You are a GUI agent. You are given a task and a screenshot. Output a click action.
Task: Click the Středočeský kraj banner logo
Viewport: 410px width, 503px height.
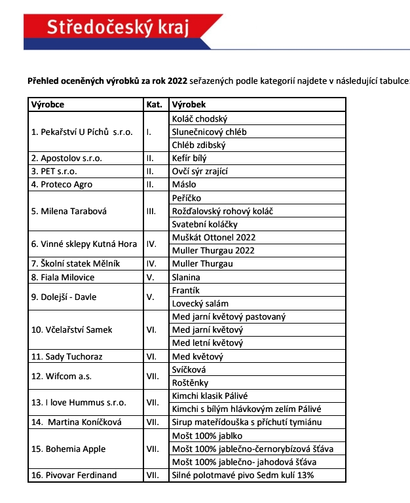click(118, 27)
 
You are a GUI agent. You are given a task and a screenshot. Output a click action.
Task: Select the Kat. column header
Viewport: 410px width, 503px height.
click(153, 105)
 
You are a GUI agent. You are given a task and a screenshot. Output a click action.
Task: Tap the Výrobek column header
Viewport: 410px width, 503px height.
click(189, 105)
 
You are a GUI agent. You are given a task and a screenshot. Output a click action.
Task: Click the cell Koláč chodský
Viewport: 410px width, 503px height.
click(199, 119)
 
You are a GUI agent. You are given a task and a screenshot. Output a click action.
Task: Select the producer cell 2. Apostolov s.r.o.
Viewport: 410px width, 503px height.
click(67, 158)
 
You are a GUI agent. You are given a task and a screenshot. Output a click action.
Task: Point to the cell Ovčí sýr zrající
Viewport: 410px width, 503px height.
click(199, 171)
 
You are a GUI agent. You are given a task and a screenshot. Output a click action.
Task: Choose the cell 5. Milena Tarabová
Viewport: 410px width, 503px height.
click(69, 211)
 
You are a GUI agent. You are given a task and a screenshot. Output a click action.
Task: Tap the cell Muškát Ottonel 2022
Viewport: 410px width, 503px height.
click(214, 237)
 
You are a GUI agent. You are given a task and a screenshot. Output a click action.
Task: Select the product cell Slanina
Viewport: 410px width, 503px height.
click(186, 277)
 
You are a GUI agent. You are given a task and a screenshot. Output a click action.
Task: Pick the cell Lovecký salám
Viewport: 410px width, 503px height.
click(200, 303)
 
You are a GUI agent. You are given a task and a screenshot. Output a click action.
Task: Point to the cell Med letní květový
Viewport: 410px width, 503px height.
click(207, 343)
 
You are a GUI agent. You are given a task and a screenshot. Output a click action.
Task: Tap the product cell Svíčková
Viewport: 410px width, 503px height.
click(189, 369)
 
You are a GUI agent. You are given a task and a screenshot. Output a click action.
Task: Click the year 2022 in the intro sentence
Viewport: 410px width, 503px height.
click(177, 81)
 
